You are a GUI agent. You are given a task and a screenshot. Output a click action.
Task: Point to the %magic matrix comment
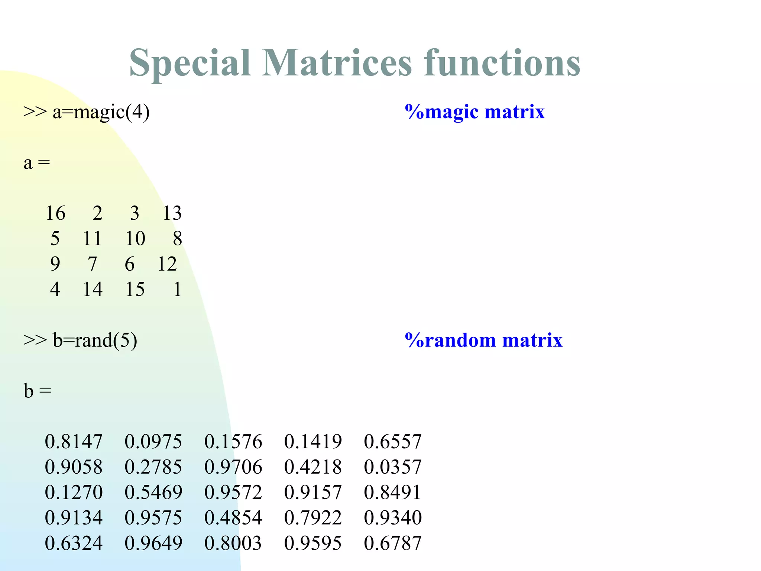pos(475,112)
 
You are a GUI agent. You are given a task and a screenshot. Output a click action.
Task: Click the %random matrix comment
pos(483,340)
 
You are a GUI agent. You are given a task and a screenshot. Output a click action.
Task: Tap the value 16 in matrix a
pos(55,213)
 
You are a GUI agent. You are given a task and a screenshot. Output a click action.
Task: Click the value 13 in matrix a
pos(172,213)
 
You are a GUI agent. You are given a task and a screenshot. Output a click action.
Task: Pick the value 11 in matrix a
pos(92,239)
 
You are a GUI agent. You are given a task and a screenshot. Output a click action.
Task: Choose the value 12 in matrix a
pos(167,264)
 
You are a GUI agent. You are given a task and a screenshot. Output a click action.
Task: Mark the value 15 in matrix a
pos(135,289)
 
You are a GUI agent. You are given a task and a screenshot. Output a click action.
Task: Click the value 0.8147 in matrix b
pos(73,442)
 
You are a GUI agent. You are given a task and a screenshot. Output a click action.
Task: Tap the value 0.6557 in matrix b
pos(392,442)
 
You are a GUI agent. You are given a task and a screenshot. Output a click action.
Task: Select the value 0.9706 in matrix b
pos(233,467)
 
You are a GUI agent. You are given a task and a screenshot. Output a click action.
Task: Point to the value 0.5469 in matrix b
pos(153,492)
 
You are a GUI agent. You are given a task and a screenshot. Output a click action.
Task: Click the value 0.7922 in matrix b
pos(313,517)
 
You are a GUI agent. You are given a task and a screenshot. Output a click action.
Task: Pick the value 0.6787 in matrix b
pos(392,543)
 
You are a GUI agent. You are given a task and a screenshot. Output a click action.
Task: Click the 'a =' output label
pos(36,163)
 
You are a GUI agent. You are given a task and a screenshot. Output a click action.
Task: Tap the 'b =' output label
pos(37,391)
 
